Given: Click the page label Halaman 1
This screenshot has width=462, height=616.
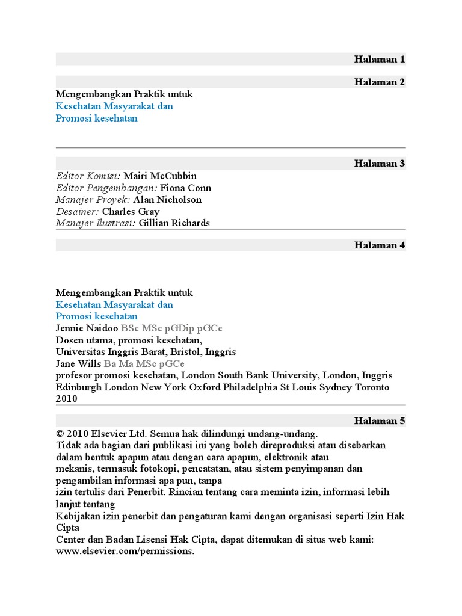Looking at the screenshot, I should [380, 59].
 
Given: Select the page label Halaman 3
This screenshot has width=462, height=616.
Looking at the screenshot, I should [380, 163].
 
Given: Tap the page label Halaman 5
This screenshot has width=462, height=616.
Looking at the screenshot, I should [380, 421].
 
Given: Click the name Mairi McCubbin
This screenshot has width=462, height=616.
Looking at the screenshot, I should [159, 176].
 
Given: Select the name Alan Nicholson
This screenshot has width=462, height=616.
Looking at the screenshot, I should [167, 199].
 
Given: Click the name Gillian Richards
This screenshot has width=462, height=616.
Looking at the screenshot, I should [174, 223].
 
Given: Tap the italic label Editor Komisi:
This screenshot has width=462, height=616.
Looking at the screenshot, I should [88, 176].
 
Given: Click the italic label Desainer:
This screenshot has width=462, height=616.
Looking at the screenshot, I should [78, 211].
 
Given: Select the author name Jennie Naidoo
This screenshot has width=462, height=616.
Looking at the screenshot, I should [87, 328].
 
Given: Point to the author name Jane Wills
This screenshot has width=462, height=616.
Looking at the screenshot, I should [79, 363].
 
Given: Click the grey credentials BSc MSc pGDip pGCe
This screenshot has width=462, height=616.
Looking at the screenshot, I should [171, 328].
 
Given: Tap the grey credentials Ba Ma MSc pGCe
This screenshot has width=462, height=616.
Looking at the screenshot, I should [144, 363].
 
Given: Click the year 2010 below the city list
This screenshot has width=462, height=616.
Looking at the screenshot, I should [67, 399].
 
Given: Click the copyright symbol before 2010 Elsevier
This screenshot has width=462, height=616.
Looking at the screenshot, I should [60, 434].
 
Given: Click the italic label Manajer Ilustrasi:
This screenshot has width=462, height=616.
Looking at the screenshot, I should [96, 223].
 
